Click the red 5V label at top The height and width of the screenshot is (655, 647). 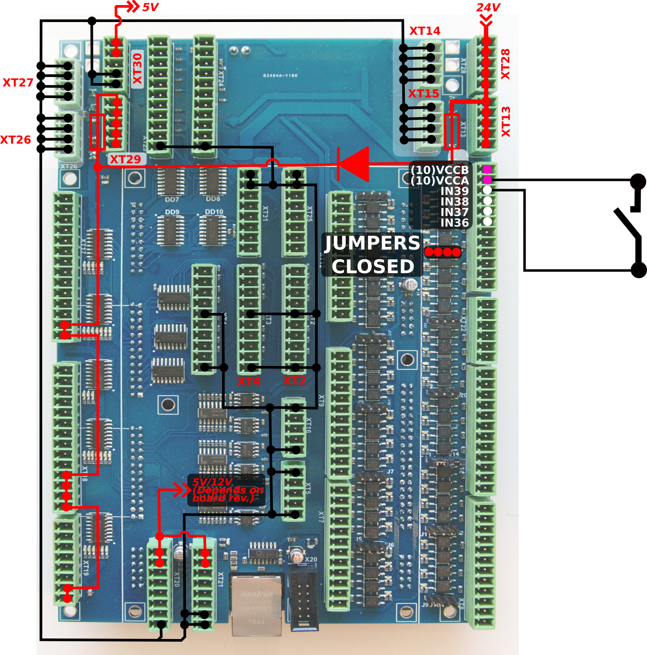150,7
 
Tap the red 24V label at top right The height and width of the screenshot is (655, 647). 488,7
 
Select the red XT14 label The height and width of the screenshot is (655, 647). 424,31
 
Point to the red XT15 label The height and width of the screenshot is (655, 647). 424,94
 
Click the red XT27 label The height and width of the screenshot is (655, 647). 18,83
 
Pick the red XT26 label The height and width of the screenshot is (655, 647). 16,140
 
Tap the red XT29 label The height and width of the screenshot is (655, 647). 125,159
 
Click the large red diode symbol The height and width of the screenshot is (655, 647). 353,164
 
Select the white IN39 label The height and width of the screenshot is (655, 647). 454,191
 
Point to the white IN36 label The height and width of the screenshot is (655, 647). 454,223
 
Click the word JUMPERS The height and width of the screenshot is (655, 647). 372,243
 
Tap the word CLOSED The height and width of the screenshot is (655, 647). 373,267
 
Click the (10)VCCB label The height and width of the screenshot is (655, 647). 440,170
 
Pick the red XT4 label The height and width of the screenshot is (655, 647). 248,381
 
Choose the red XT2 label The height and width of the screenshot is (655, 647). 294,381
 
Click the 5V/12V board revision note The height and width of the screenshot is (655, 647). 227,491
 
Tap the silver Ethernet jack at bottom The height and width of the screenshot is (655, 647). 256,605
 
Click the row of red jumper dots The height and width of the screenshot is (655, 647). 442,252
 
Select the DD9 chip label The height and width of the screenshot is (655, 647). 172,212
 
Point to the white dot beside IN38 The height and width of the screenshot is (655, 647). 487,201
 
